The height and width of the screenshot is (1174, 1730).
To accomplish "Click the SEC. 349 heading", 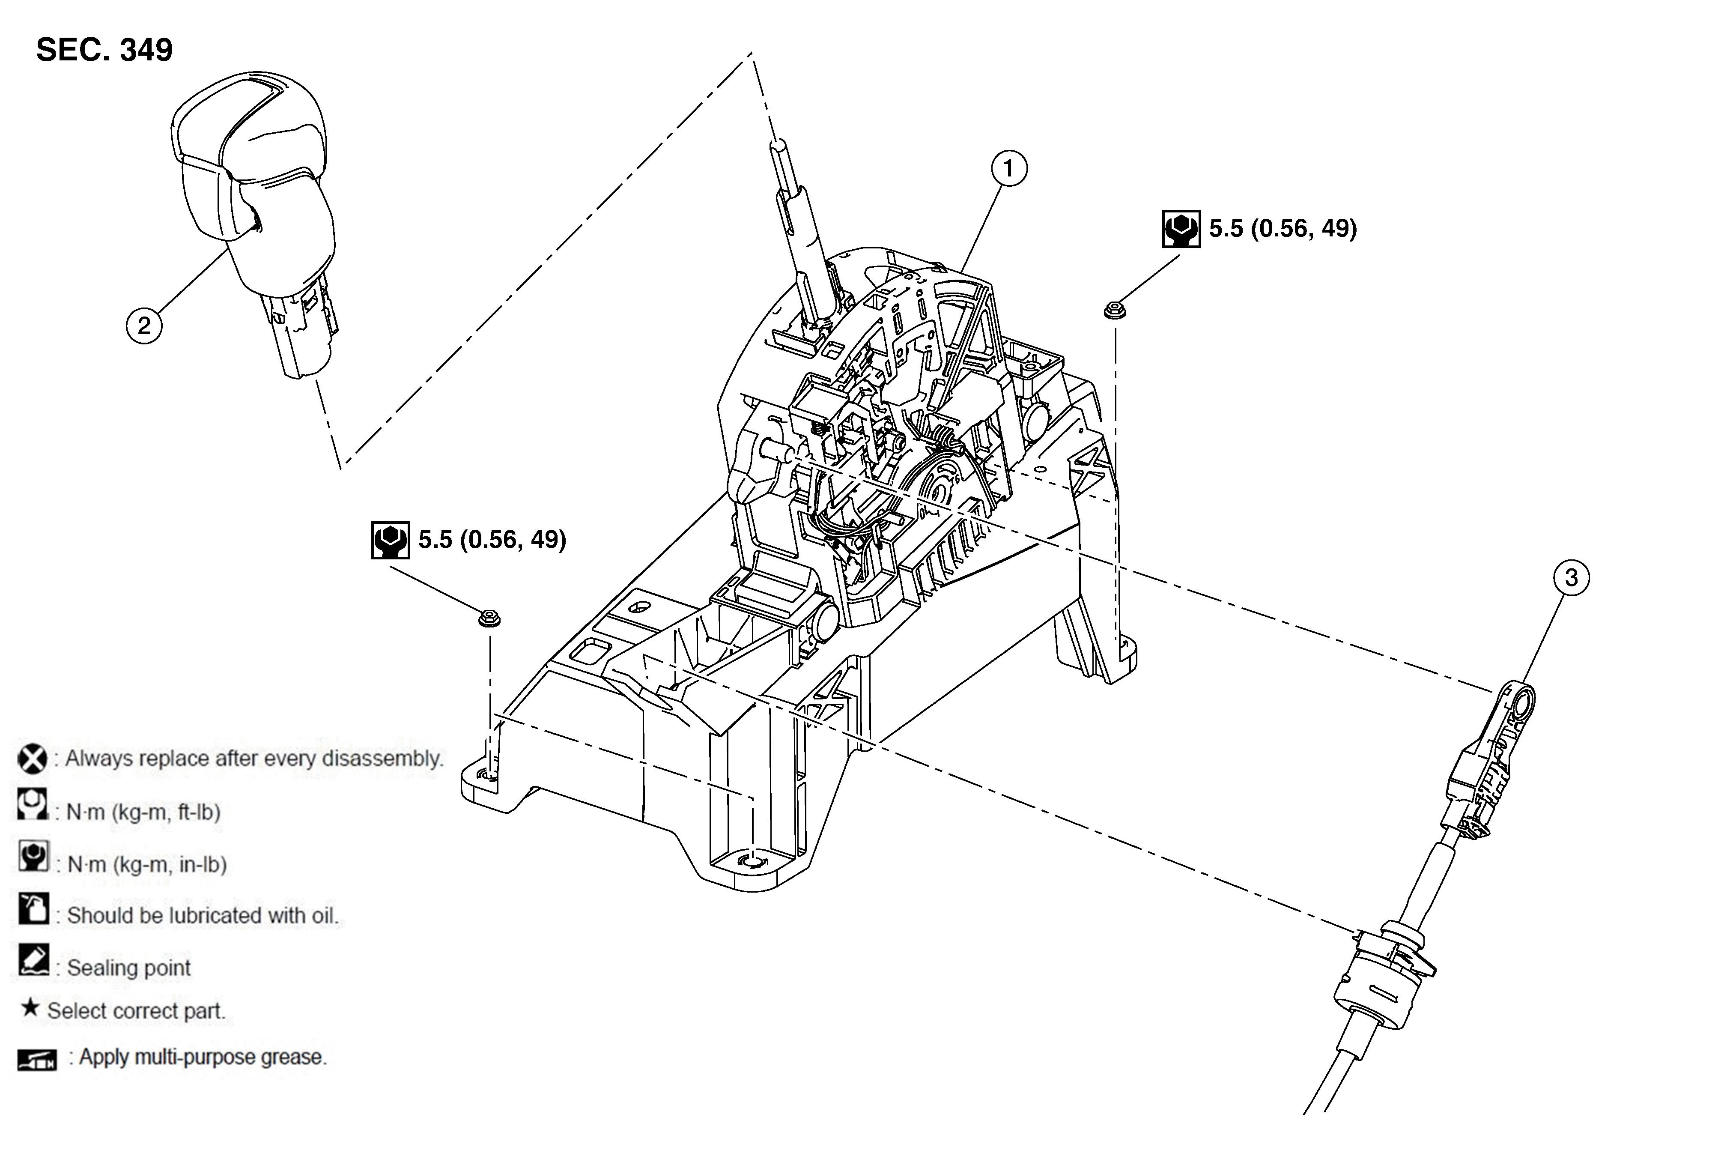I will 104,50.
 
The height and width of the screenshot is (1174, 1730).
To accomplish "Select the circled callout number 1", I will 1009,169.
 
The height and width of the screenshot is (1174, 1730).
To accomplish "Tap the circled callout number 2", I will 144,326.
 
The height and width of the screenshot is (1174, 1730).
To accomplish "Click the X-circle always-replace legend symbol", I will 32,759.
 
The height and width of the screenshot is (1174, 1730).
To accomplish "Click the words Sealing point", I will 129,968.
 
